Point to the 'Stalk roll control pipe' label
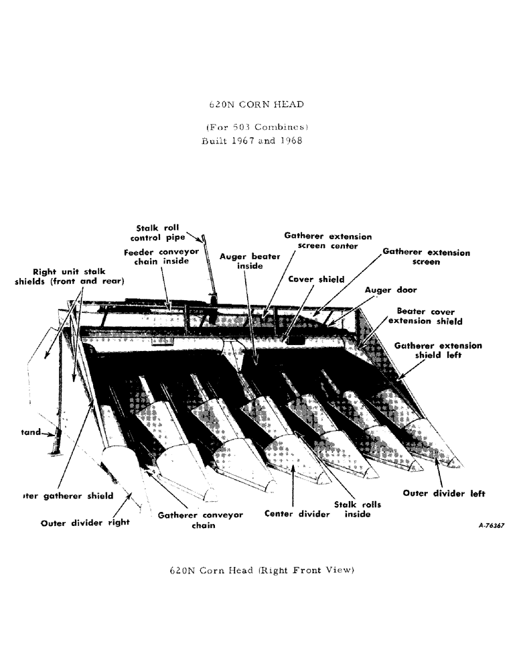tap(159, 232)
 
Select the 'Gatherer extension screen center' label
tap(327, 241)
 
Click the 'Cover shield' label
tap(316, 279)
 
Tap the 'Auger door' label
tap(390, 290)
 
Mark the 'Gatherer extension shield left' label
tap(438, 350)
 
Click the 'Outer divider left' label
tap(444, 494)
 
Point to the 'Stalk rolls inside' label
tap(352, 509)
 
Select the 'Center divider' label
tap(297, 514)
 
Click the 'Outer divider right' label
tap(85, 523)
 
